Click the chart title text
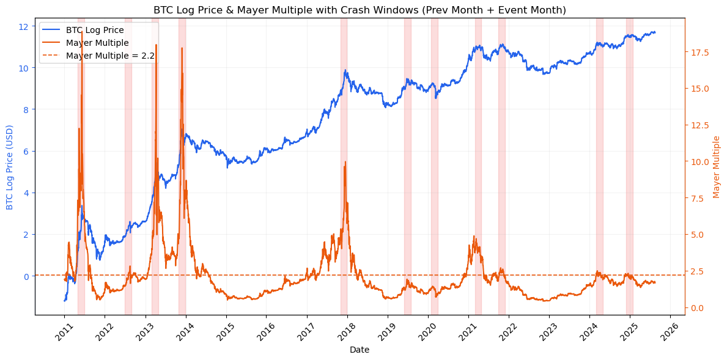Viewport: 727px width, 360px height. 360,10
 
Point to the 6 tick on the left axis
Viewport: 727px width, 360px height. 25,152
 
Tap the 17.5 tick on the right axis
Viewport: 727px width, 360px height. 698,53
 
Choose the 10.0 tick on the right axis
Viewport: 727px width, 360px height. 698,162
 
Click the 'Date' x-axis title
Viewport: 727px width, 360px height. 360,350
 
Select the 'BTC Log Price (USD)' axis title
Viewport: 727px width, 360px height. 10,167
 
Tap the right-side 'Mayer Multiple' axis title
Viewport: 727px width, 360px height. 717,167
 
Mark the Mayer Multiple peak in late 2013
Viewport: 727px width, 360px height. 182,48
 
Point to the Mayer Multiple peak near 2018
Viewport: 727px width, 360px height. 345,162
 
